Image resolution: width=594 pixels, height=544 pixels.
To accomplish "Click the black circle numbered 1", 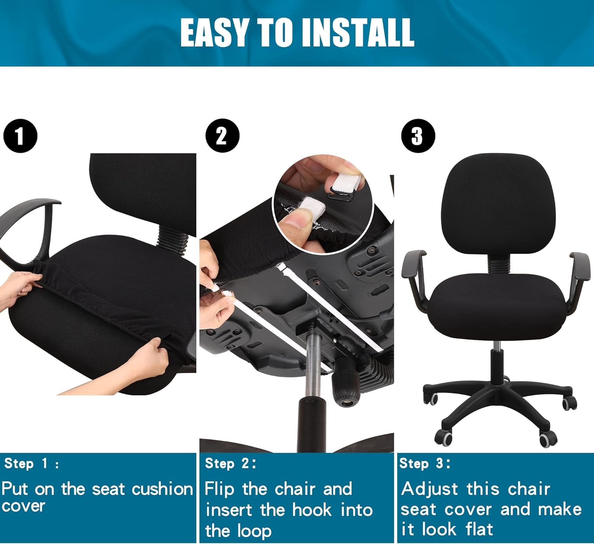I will coord(20,136).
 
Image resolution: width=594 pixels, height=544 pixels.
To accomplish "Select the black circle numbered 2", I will coord(222,136).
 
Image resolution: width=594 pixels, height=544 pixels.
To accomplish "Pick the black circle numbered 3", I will coord(418,136).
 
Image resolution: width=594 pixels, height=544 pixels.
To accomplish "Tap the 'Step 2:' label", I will coord(230,463).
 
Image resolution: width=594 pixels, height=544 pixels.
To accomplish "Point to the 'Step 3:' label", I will coord(425,463).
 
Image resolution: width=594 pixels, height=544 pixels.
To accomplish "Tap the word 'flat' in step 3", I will coord(479,529).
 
